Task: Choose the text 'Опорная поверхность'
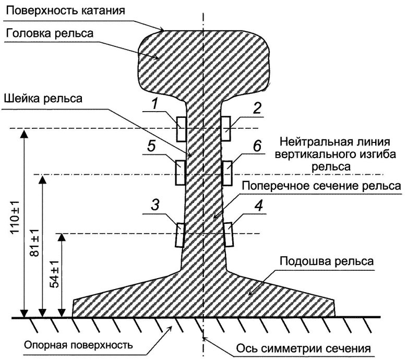79,345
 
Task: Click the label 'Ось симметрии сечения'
303,347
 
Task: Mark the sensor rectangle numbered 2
226,128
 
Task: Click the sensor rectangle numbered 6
228,173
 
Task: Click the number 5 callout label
151,147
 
